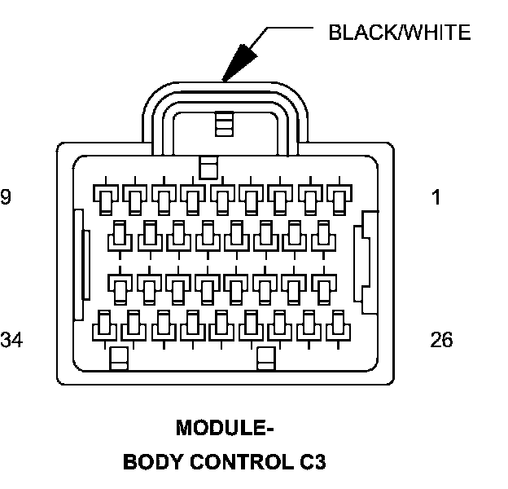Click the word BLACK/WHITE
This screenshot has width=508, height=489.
[x=398, y=33]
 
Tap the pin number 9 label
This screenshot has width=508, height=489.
[x=7, y=197]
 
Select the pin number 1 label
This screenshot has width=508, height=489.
[x=436, y=197]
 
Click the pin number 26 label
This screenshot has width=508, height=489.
[x=441, y=340]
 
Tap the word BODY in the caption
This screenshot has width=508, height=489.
[x=152, y=462]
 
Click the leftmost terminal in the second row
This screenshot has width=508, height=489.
[x=120, y=236]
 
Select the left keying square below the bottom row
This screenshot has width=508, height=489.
[x=120, y=359]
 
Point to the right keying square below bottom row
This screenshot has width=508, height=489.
[x=265, y=359]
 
